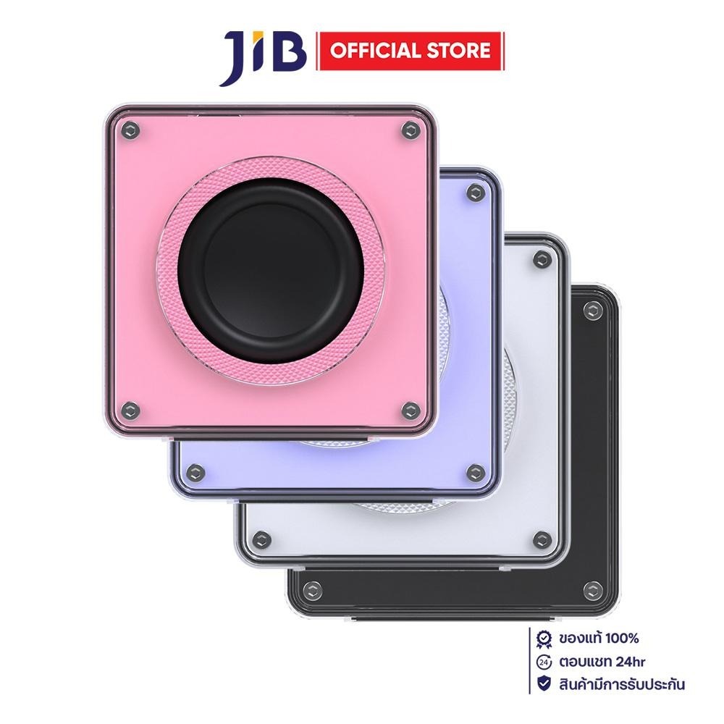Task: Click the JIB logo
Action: [x=263, y=58]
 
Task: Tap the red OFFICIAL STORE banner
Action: [x=410, y=51]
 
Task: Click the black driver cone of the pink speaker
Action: [x=270, y=271]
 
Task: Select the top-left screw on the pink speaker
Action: [x=130, y=130]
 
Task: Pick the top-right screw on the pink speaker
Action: [x=410, y=130]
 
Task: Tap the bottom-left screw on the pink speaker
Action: [x=130, y=410]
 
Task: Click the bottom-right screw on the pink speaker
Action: [x=410, y=410]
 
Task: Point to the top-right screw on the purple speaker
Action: [x=476, y=193]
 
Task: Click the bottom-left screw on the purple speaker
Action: [x=195, y=472]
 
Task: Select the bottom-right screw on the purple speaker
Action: [x=476, y=472]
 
